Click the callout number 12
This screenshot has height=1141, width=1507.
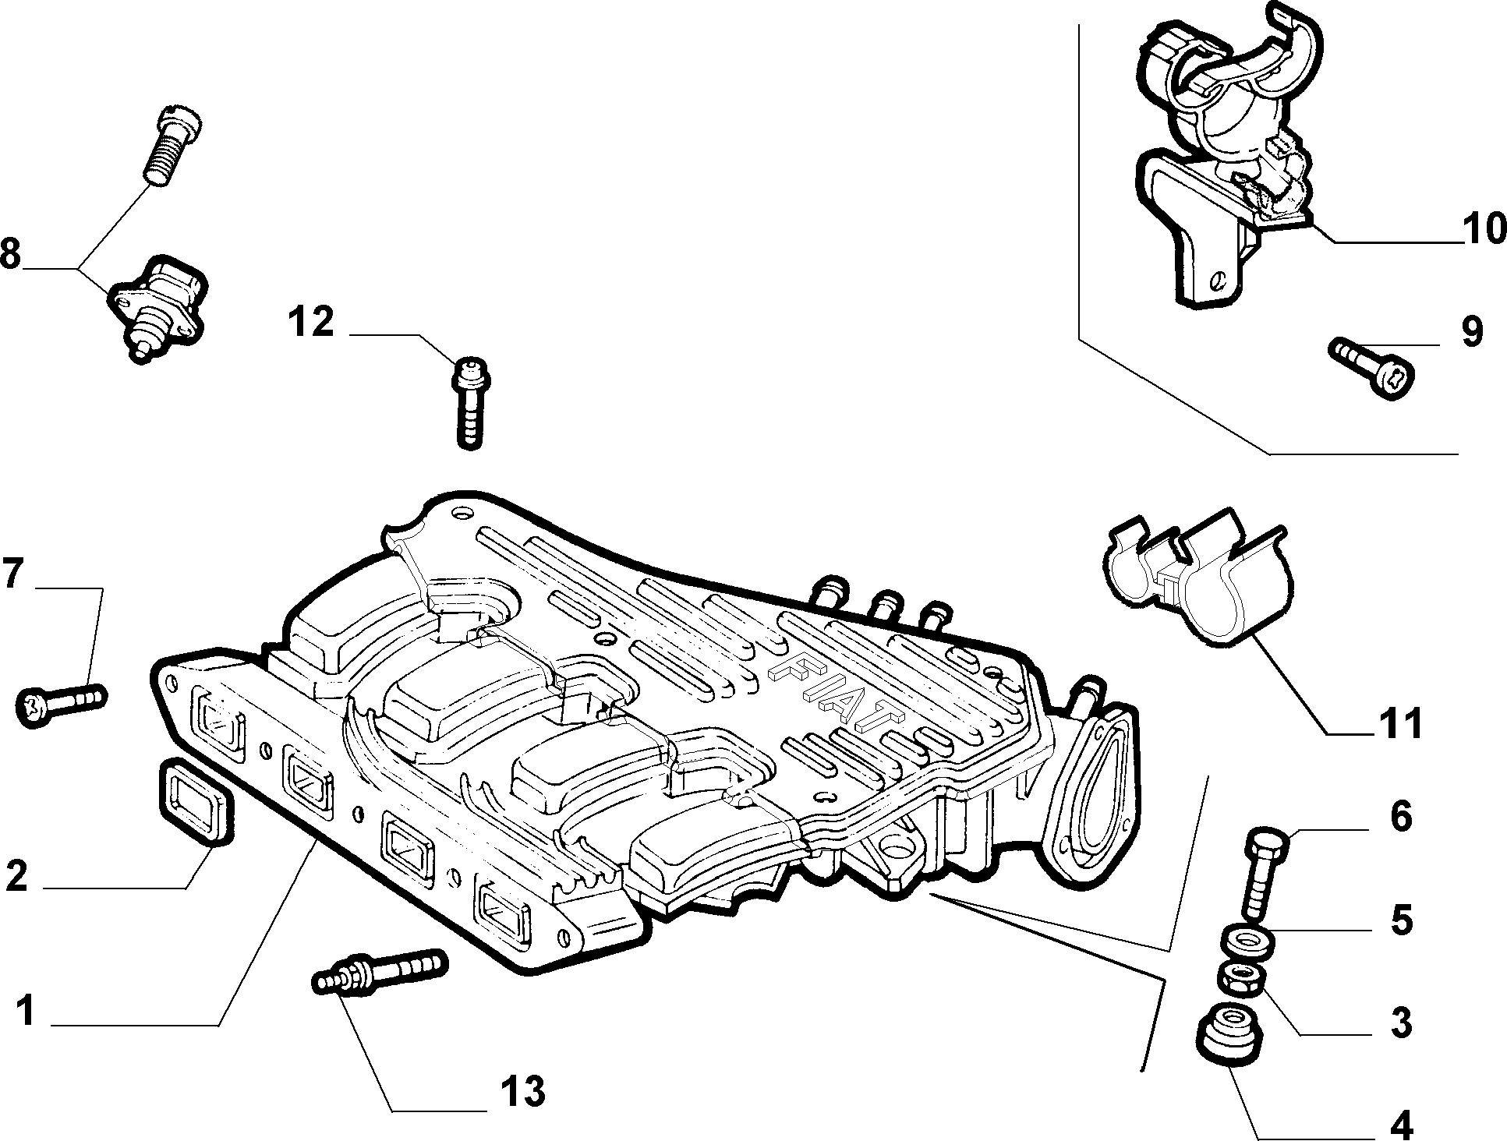pyautogui.click(x=311, y=322)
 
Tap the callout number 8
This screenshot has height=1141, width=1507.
pyautogui.click(x=10, y=253)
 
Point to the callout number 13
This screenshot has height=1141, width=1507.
pyautogui.click(x=522, y=1092)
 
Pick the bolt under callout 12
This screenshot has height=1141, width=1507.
pyautogui.click(x=469, y=401)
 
